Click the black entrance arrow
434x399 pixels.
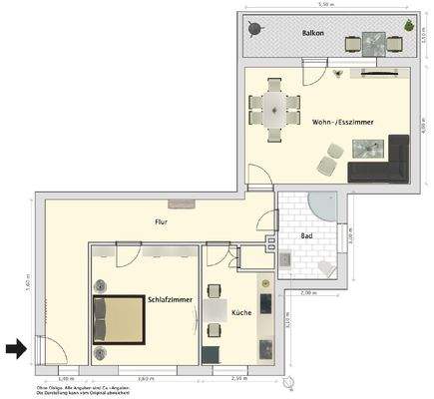click(x=14, y=348)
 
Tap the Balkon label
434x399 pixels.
click(x=314, y=35)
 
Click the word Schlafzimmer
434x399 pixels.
click(x=171, y=299)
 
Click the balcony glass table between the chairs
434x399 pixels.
click(x=374, y=42)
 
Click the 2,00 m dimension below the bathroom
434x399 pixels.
click(x=308, y=292)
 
